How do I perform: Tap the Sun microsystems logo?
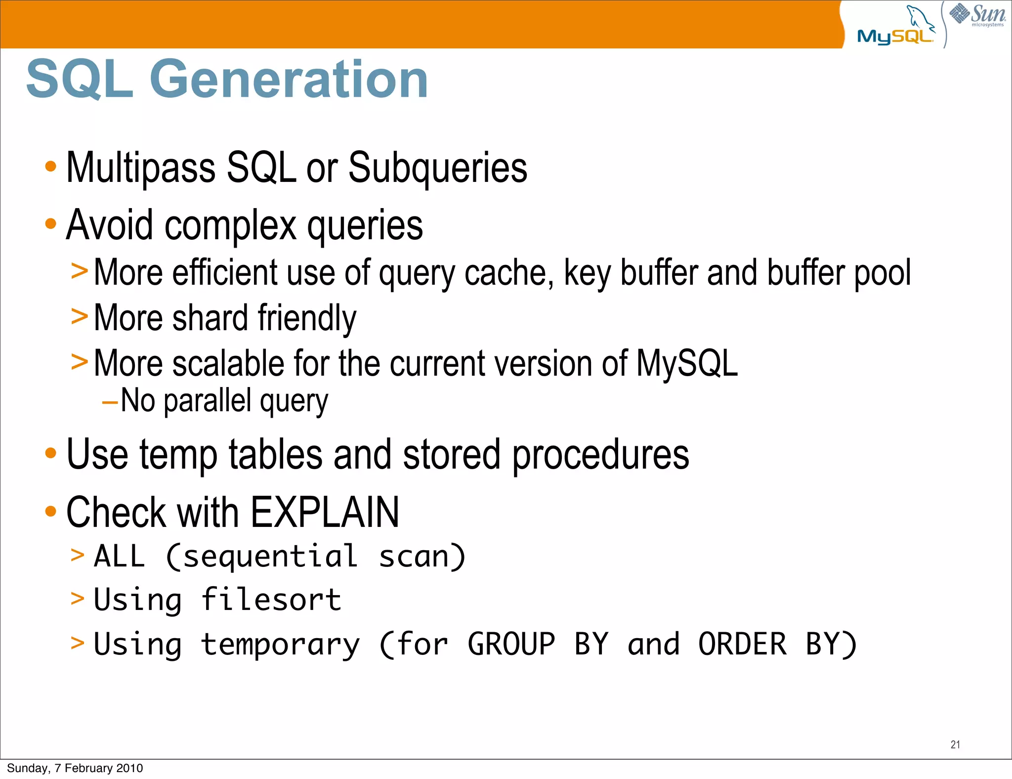[978, 15]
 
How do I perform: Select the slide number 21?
[955, 744]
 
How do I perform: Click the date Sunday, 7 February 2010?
[75, 768]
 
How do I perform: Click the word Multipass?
[141, 168]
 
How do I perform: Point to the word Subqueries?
[438, 168]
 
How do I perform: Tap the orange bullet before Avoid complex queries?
[50, 224]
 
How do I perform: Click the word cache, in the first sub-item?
[509, 273]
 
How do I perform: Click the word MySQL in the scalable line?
[687, 363]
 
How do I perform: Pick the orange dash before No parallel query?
[109, 403]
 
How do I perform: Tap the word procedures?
[600, 455]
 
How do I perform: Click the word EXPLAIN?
[325, 513]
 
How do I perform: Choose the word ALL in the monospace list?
[120, 556]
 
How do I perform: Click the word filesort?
[271, 600]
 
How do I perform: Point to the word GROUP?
[511, 644]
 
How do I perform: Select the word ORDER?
[742, 644]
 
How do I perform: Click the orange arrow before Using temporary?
[78, 643]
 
